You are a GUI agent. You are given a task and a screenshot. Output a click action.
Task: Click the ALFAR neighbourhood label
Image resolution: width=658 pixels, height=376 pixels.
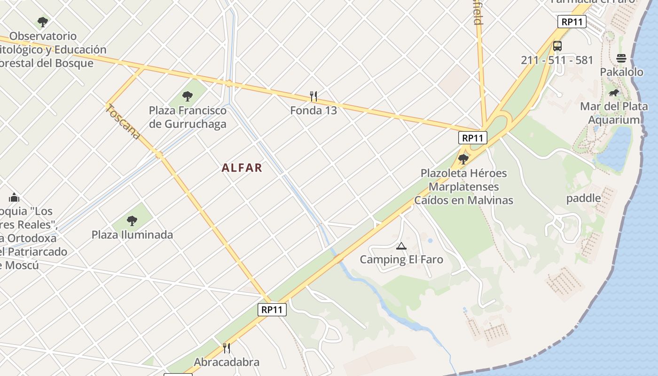point(242,168)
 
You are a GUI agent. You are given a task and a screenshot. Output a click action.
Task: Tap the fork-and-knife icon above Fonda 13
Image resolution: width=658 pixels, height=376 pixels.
point(313,96)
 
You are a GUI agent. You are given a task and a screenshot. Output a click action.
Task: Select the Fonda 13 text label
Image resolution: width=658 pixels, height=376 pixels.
point(313,110)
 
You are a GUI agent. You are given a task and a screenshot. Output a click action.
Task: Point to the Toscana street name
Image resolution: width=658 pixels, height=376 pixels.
point(123,122)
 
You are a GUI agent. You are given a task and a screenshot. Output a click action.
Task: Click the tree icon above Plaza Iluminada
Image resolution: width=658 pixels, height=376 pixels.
point(132,220)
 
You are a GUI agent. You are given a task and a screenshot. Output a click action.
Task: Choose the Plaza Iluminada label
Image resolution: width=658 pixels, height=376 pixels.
point(132,235)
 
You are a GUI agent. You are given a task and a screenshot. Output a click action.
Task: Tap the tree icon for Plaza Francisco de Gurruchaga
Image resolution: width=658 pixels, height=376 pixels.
point(188,96)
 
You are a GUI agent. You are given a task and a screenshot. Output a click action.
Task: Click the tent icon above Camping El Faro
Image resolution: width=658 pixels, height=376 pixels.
point(401,246)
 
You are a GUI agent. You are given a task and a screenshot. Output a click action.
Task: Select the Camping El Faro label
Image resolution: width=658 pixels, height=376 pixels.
point(401,259)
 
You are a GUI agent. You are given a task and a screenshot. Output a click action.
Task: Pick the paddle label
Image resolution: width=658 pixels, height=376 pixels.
point(583,198)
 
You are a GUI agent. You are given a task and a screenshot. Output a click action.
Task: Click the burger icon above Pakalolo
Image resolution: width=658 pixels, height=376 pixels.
point(621,58)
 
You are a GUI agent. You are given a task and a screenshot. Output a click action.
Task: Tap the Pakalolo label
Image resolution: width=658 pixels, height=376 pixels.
point(621,72)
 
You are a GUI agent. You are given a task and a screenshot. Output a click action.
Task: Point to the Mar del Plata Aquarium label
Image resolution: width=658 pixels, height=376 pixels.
point(614,113)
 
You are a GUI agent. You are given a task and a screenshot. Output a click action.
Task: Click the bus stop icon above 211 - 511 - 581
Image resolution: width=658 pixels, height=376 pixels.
point(557,46)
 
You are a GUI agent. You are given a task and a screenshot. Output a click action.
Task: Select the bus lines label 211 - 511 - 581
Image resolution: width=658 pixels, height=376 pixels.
point(557,60)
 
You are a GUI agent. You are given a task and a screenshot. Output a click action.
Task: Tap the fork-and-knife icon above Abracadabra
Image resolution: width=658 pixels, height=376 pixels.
point(227,348)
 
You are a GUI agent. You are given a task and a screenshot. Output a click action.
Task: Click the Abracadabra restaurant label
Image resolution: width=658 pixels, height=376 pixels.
point(227,362)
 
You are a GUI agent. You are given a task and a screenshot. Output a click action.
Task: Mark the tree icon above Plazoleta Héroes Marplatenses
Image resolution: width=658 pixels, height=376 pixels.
point(463,159)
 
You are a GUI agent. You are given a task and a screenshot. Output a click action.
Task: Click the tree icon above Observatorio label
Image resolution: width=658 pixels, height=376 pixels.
point(43,22)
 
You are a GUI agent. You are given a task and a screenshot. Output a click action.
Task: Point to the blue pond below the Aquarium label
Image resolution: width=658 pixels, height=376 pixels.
point(616,148)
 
